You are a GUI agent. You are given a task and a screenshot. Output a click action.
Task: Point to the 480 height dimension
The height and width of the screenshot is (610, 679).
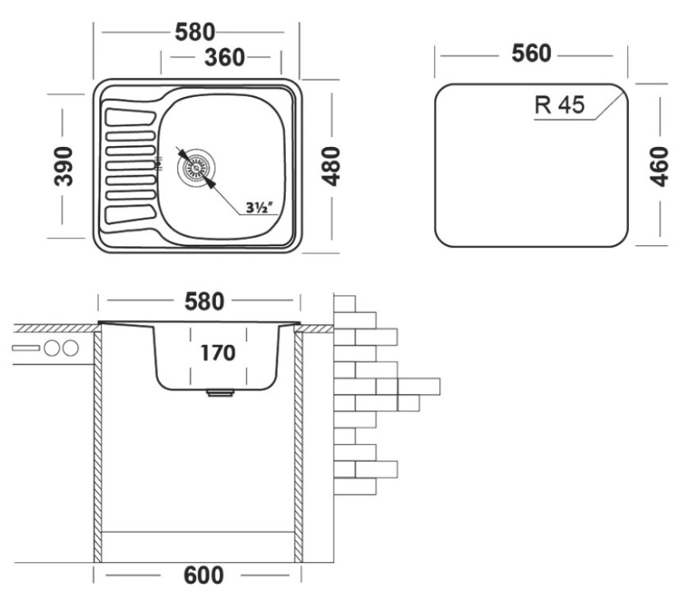point(330,165)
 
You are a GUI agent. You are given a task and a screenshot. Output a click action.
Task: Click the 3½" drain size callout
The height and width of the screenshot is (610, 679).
point(260,208)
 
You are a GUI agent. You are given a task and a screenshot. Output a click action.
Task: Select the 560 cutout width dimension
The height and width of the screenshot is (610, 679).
point(530,54)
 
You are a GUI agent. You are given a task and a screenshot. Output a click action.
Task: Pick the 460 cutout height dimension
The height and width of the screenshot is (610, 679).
point(658,166)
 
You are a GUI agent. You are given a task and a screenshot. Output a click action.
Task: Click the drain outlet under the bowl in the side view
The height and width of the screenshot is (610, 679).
point(217,392)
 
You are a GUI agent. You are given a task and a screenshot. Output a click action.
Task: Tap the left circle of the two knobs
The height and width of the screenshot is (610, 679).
point(53,347)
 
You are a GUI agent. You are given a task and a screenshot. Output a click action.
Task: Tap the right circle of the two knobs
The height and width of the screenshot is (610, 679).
point(71,347)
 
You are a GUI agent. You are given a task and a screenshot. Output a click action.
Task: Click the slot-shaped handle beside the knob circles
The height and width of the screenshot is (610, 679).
point(26,348)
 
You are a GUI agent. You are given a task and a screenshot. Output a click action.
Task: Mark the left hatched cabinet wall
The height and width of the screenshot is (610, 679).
point(99,445)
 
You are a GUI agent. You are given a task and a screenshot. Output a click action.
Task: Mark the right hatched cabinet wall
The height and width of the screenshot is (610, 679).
point(299,445)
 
